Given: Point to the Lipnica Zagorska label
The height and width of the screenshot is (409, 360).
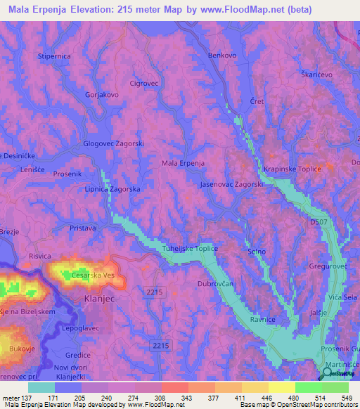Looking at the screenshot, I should (x=112, y=190).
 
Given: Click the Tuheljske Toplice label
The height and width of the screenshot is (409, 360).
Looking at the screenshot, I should (x=190, y=249).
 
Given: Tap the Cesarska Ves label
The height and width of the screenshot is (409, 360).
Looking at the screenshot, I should (x=92, y=275).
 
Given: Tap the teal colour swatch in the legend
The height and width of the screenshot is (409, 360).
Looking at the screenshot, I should (x=41, y=387).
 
